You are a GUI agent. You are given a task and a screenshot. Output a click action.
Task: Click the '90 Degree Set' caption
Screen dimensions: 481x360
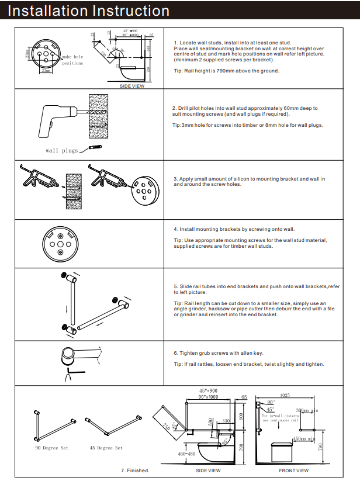(x=51, y=448)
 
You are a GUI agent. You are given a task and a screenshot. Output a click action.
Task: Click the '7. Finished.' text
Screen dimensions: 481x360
(x=135, y=470)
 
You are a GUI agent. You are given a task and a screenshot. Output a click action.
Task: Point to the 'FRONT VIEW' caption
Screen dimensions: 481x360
(x=293, y=470)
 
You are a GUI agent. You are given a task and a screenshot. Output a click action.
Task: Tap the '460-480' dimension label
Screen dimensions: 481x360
(x=187, y=454)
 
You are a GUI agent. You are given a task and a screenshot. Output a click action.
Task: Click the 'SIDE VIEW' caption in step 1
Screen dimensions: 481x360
(x=132, y=86)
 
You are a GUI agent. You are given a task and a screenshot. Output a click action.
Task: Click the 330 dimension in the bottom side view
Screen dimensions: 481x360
(x=226, y=421)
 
